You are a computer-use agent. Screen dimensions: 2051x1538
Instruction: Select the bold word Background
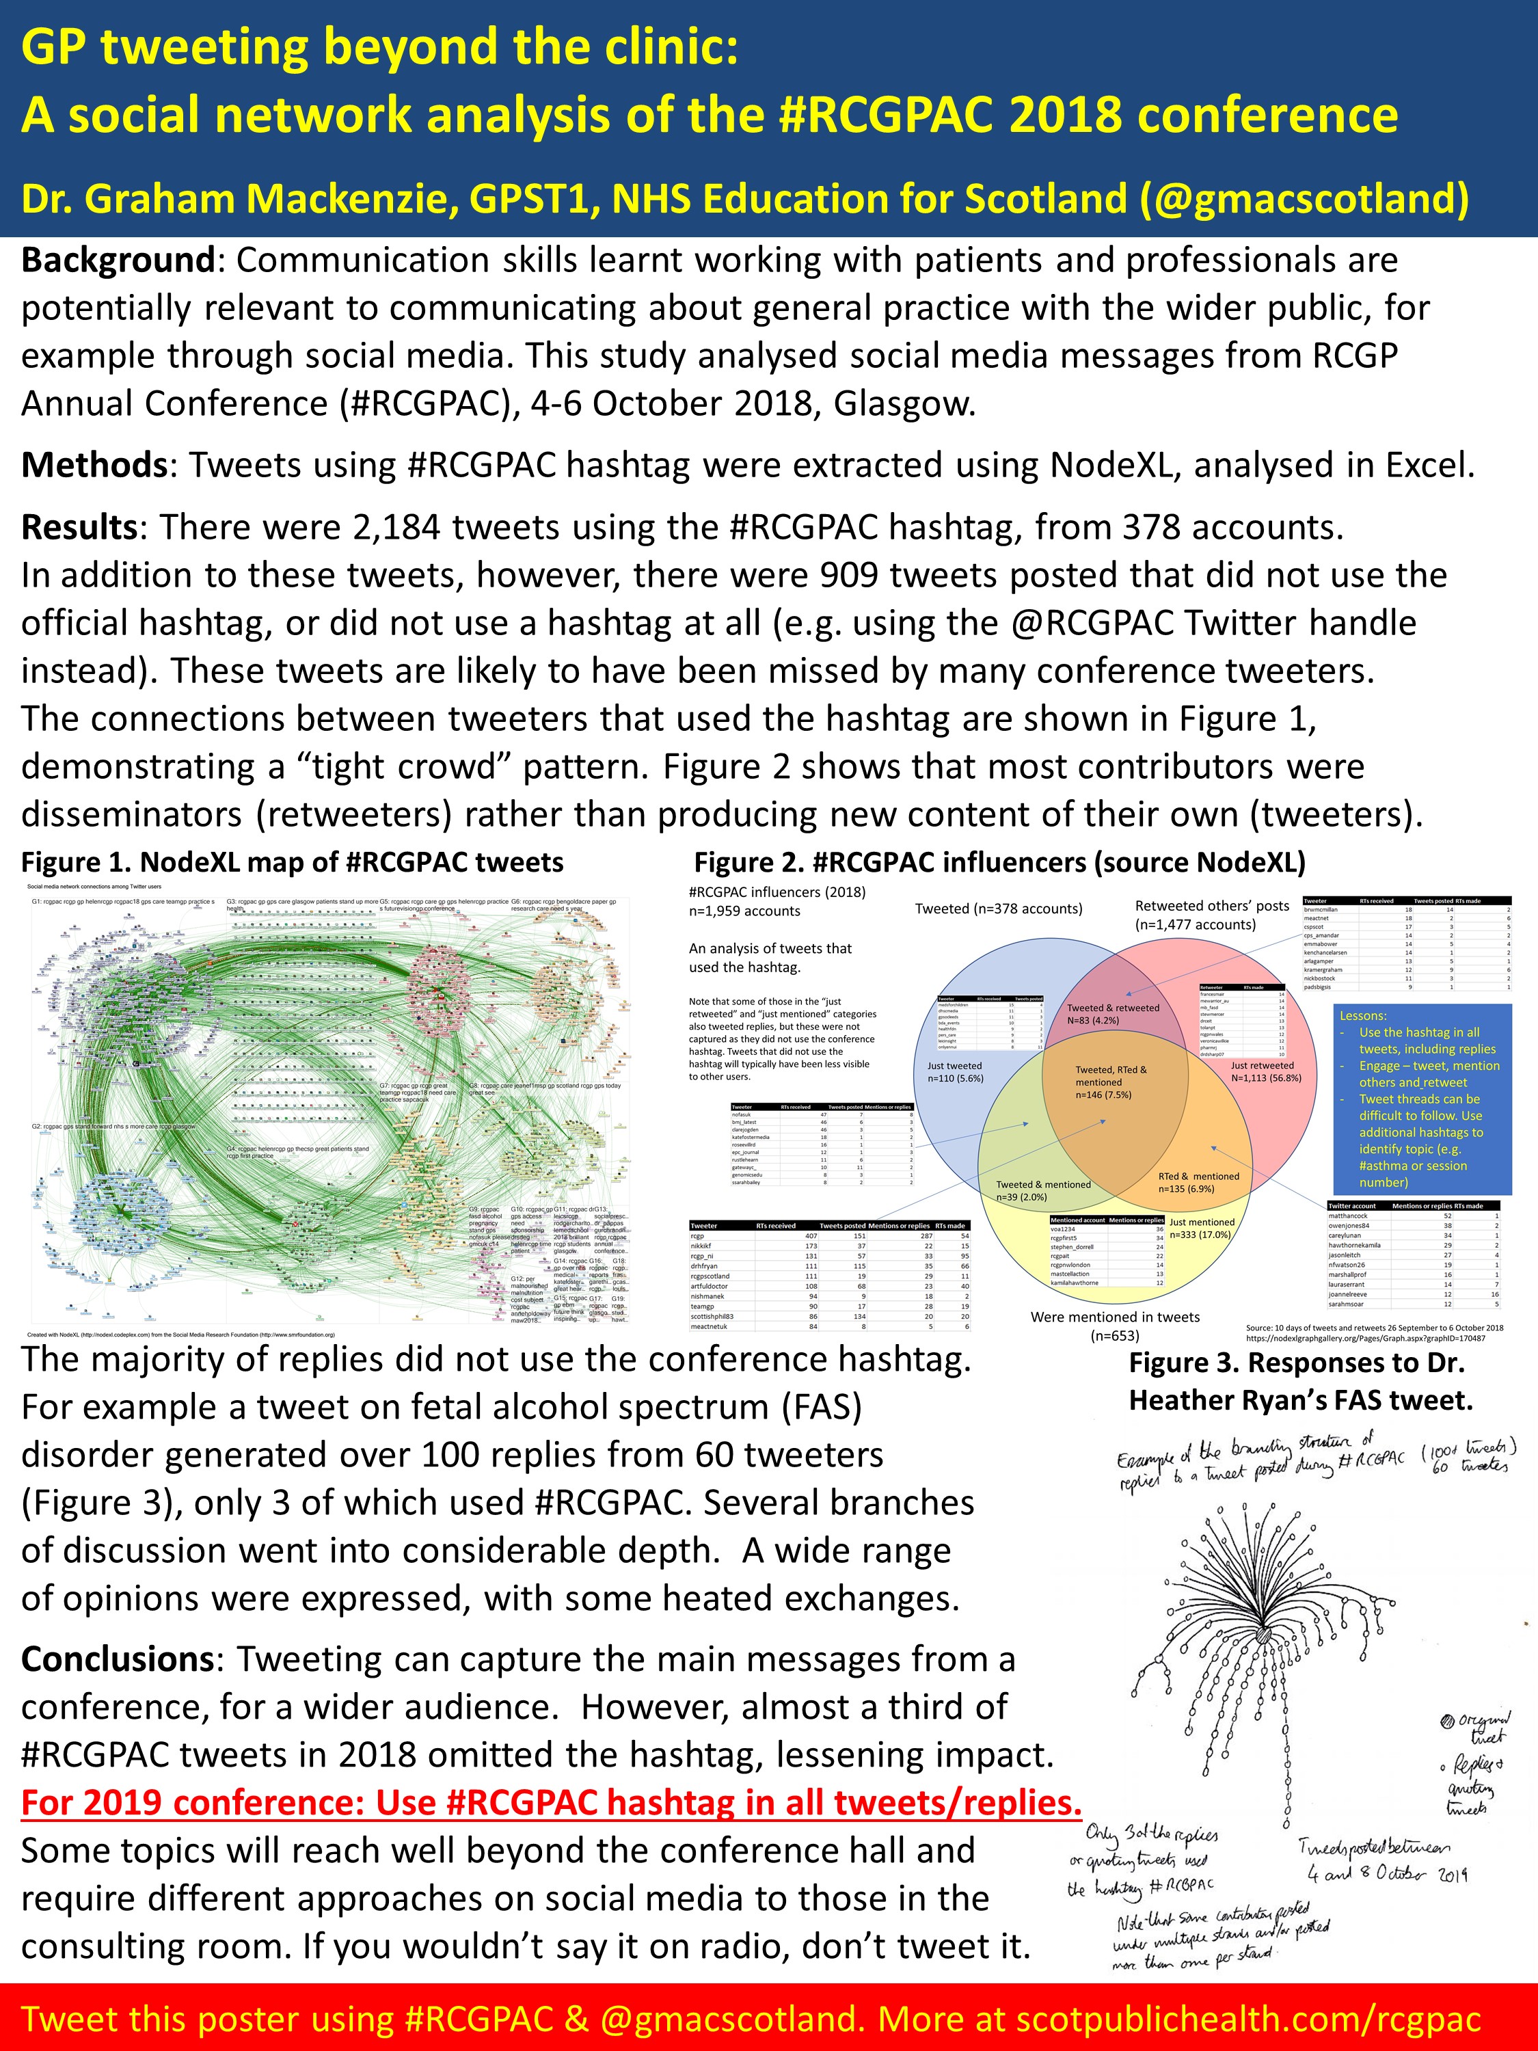(118, 260)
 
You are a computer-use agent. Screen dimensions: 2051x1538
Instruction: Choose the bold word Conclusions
(118, 1659)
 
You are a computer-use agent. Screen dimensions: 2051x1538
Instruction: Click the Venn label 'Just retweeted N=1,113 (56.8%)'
(1265, 1072)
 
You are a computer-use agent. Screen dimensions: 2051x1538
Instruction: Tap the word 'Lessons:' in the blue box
(1363, 1016)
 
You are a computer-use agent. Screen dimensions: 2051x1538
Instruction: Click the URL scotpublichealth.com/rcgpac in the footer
(1247, 2018)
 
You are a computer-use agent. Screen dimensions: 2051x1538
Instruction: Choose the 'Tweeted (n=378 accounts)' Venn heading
(999, 909)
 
